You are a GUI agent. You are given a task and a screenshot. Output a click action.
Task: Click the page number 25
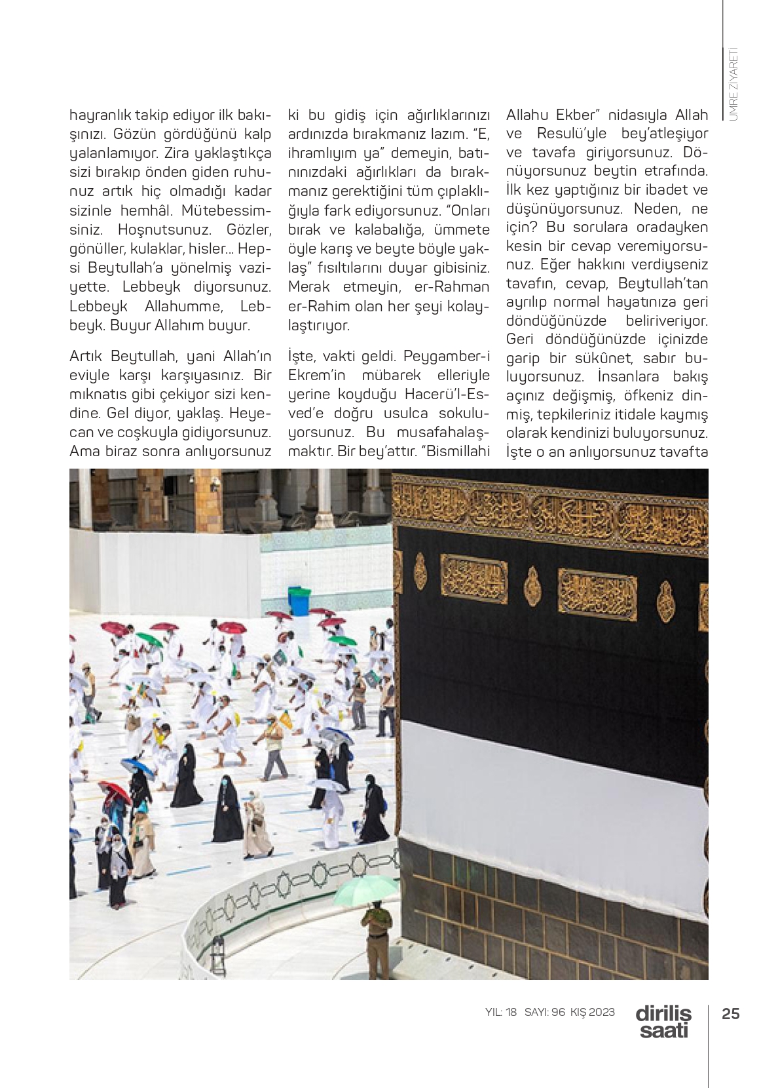(x=730, y=1013)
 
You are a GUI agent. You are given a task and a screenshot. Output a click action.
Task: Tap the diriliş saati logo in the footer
(x=663, y=1021)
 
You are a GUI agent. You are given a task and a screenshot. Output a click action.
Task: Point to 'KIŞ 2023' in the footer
(x=593, y=1012)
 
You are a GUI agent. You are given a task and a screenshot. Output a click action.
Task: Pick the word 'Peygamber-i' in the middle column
(x=446, y=357)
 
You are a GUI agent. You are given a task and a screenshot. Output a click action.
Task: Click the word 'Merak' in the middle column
(x=310, y=287)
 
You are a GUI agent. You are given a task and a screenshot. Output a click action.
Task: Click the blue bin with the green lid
(x=299, y=600)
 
